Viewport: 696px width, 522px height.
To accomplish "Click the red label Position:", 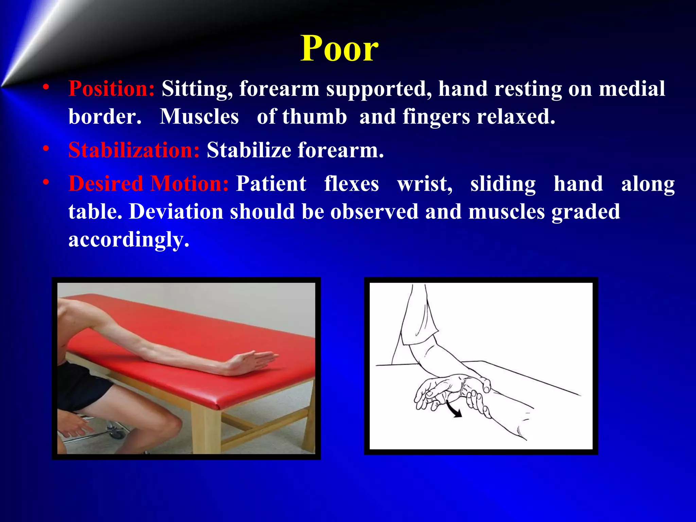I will (x=111, y=89).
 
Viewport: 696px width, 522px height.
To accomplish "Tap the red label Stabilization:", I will (x=134, y=150).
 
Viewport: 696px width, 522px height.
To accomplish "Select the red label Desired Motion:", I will (x=149, y=184).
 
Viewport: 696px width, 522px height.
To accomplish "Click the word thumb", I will (x=314, y=117).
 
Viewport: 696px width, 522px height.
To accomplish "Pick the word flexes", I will (x=351, y=184).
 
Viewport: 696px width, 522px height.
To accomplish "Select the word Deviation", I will (x=176, y=212).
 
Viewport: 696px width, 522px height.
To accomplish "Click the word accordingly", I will (x=128, y=240).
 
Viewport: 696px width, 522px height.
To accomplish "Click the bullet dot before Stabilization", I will (x=46, y=149).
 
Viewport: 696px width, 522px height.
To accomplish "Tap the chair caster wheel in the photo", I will (x=116, y=433).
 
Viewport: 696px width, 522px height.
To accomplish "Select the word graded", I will (x=586, y=212).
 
